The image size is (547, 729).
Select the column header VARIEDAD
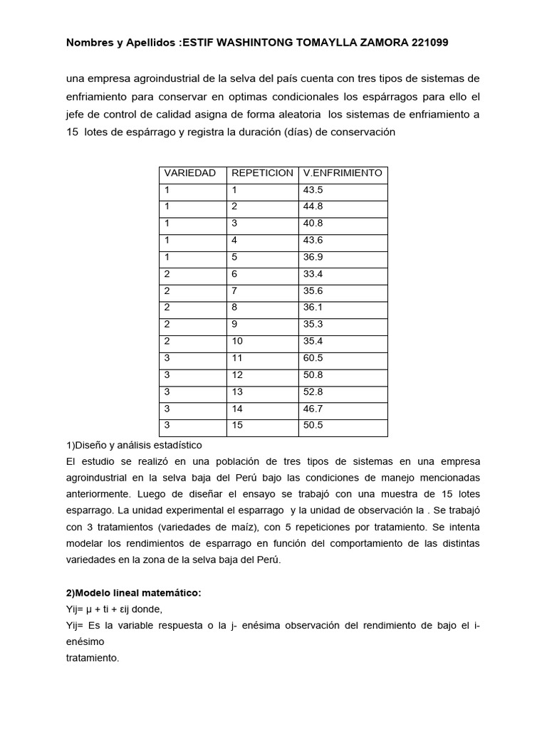coord(189,173)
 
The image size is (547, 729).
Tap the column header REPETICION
coord(261,173)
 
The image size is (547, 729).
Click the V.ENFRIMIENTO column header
coord(343,173)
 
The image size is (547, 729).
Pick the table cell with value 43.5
coord(313,190)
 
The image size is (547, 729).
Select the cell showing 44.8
coord(313,206)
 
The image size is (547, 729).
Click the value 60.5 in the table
coord(313,358)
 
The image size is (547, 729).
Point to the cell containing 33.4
coord(313,274)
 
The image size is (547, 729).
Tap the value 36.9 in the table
coord(313,257)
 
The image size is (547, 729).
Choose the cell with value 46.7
coord(313,409)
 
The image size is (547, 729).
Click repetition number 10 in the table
coord(237,341)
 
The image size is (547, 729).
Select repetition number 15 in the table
coord(237,425)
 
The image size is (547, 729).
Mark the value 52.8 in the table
coord(313,392)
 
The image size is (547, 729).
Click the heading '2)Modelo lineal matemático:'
coord(133,593)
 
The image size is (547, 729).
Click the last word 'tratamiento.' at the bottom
coord(92,658)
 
